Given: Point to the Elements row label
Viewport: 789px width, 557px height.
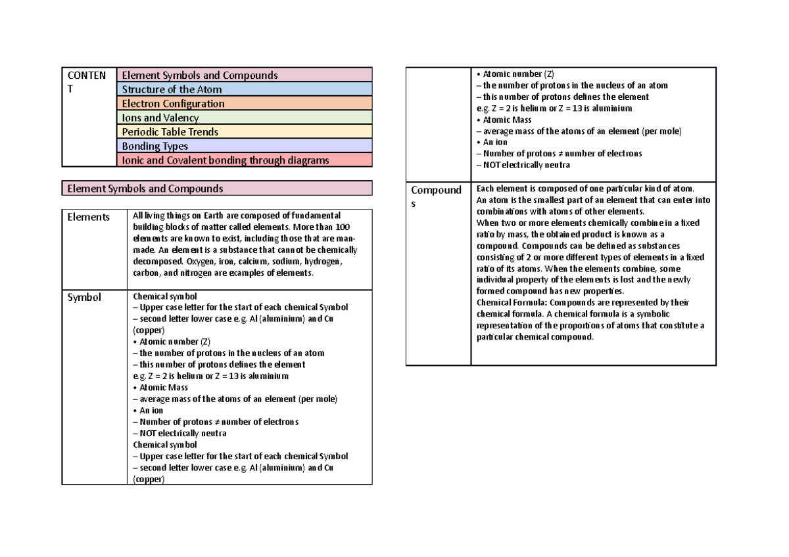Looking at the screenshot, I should click(x=89, y=217).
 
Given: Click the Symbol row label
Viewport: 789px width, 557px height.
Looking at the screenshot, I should click(x=85, y=297).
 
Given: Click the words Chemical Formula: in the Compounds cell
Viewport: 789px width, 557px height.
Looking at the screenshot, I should click(x=511, y=303).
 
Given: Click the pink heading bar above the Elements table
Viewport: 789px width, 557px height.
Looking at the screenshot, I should click(x=217, y=189).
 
